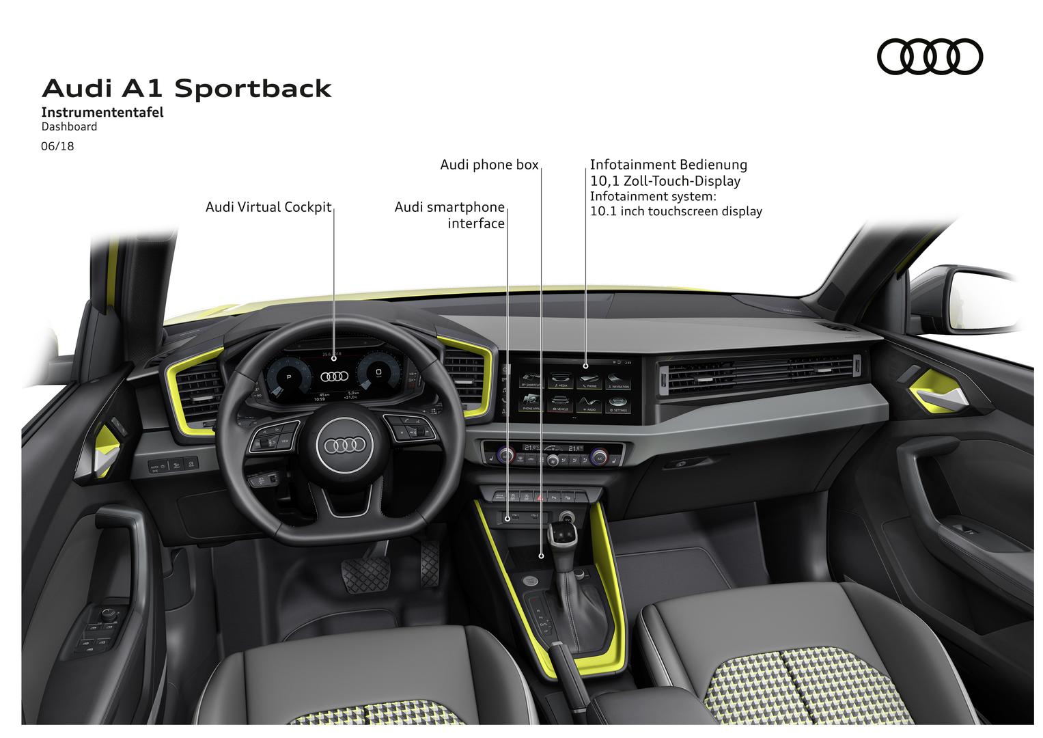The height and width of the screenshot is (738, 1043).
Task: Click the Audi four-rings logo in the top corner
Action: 930,56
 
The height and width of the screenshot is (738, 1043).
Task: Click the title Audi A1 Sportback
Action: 186,89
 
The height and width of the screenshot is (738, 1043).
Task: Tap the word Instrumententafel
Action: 102,113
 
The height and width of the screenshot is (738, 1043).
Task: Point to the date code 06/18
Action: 57,146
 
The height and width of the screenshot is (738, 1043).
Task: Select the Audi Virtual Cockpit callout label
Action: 268,207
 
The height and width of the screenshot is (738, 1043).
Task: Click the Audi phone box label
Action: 489,165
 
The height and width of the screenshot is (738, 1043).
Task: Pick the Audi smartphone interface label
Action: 449,215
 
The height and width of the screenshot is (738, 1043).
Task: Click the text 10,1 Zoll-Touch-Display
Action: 665,181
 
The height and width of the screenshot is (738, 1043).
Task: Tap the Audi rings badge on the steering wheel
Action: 345,445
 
